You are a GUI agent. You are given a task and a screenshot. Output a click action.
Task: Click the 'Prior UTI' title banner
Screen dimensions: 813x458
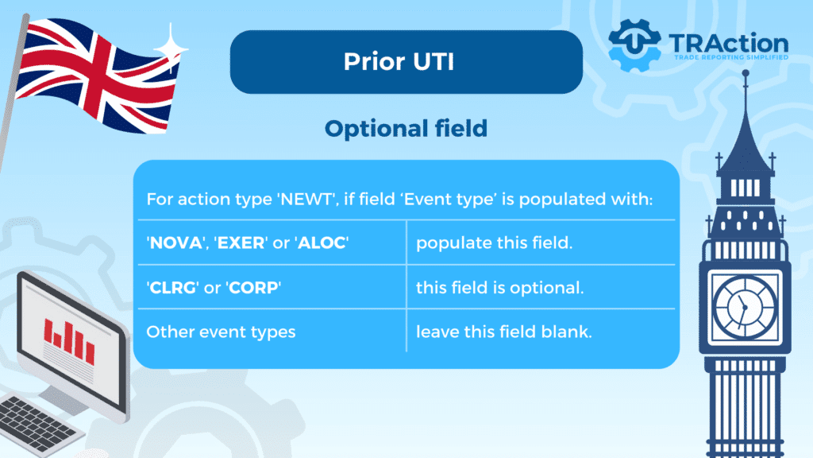click(x=406, y=62)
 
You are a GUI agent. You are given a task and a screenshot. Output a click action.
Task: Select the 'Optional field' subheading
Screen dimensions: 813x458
click(x=406, y=129)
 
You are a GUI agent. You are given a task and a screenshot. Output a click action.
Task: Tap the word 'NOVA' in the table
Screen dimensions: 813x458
click(x=176, y=243)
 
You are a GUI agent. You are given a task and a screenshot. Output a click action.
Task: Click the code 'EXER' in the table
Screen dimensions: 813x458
click(x=241, y=243)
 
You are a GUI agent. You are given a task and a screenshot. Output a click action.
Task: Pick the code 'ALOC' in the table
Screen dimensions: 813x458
click(x=322, y=243)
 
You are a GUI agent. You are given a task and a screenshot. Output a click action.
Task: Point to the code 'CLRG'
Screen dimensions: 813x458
click(x=172, y=288)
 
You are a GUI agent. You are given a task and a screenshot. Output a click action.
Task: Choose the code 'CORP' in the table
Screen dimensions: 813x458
click(x=253, y=288)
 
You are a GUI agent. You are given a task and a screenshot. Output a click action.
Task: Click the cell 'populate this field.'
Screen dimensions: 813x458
click(x=494, y=243)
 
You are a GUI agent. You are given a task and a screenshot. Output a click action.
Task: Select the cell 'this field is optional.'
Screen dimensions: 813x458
click(x=500, y=288)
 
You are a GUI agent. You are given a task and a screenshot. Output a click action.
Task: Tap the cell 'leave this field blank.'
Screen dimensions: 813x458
click(x=504, y=332)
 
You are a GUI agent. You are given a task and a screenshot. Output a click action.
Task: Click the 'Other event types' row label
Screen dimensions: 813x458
click(x=221, y=332)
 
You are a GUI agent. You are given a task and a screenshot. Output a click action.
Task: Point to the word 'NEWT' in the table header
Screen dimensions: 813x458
click(x=306, y=199)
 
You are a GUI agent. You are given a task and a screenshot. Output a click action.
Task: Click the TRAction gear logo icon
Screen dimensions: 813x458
click(x=634, y=45)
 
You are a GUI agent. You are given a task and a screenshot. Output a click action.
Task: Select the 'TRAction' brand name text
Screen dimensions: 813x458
click(x=729, y=44)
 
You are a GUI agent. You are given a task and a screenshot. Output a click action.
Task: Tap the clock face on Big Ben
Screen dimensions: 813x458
click(x=745, y=307)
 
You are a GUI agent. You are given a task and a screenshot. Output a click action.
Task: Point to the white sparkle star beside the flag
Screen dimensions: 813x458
click(x=171, y=49)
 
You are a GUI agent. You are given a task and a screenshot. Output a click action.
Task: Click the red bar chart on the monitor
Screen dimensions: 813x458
click(x=69, y=342)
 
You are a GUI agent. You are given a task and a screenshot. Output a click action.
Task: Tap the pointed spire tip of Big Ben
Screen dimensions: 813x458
click(x=746, y=73)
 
